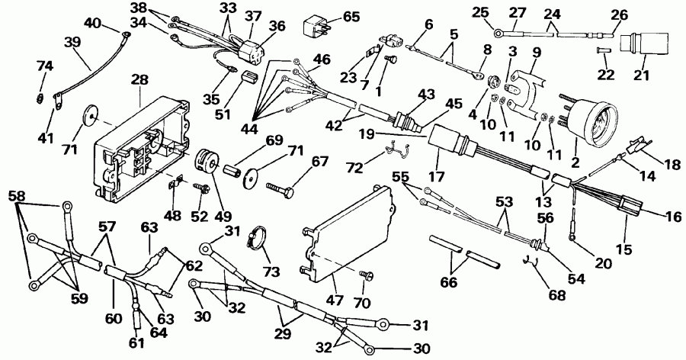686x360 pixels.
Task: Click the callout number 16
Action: click(672, 217)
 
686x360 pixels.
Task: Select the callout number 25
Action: click(478, 13)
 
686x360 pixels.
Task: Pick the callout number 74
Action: click(45, 66)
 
